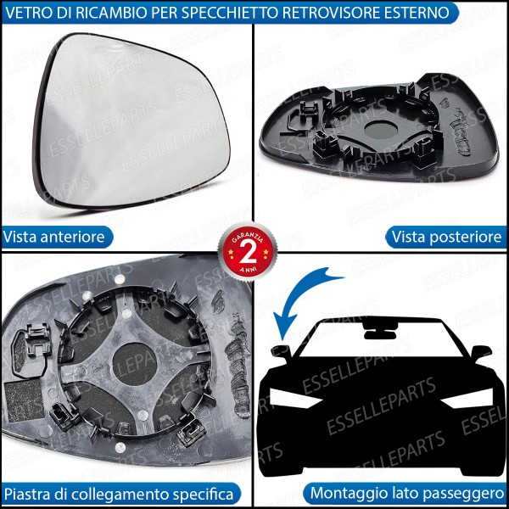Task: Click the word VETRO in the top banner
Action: [x=31, y=13]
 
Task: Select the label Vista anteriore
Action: [x=54, y=237]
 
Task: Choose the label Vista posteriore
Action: [x=446, y=237]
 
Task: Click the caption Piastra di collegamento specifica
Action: [x=118, y=493]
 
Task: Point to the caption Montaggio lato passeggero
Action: [x=407, y=493]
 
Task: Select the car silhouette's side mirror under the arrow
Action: [x=281, y=350]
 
